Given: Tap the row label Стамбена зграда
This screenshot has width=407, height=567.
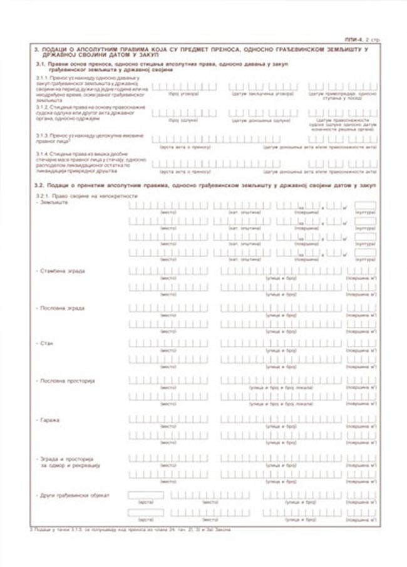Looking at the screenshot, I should click(63, 271).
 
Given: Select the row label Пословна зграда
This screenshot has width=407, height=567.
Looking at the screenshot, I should click(62, 308).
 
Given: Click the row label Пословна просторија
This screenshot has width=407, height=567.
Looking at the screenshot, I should click(66, 381).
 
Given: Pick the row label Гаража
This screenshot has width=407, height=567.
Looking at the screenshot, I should click(49, 419).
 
